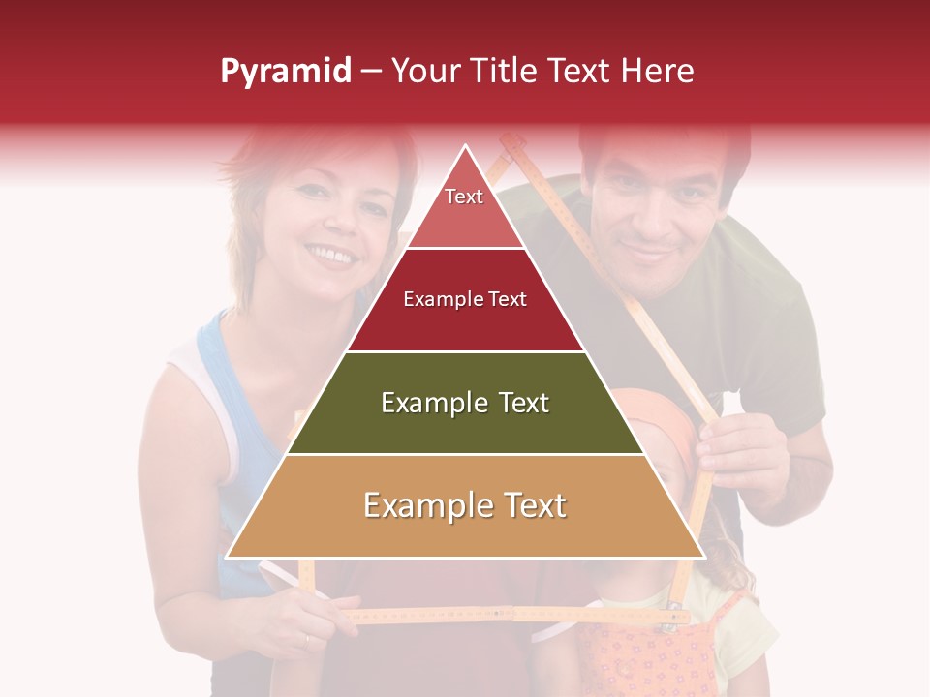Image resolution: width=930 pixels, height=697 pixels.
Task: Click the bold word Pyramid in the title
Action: click(x=285, y=72)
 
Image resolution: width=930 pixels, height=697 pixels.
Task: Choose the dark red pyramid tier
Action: click(x=465, y=300)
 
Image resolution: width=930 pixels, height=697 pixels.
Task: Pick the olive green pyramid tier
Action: click(x=465, y=403)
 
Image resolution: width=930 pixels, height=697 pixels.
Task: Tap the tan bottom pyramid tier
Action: click(x=465, y=506)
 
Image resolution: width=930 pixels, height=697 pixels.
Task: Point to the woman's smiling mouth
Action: click(x=332, y=255)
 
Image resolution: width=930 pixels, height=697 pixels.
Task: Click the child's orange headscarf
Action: click(x=668, y=416)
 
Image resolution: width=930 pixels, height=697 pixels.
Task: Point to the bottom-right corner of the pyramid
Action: click(x=702, y=557)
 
